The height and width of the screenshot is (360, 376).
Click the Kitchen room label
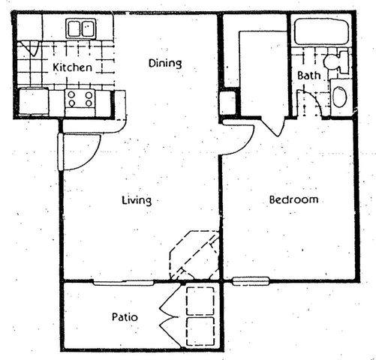tap(73, 67)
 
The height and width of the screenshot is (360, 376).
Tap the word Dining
tap(165, 63)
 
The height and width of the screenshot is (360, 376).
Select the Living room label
tap(137, 200)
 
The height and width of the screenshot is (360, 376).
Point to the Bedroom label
tap(294, 200)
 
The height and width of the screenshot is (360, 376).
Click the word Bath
tap(309, 76)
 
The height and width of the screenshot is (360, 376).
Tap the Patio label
tap(125, 317)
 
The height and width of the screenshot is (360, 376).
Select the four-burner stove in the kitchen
tap(79, 97)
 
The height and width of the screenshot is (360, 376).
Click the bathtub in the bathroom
tap(320, 31)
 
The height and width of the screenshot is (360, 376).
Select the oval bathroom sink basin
tap(339, 97)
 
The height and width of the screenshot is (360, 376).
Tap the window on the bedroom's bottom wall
tap(249, 281)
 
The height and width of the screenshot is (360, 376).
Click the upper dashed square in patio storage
tap(200, 299)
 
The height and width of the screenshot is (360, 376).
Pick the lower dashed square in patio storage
tap(200, 329)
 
